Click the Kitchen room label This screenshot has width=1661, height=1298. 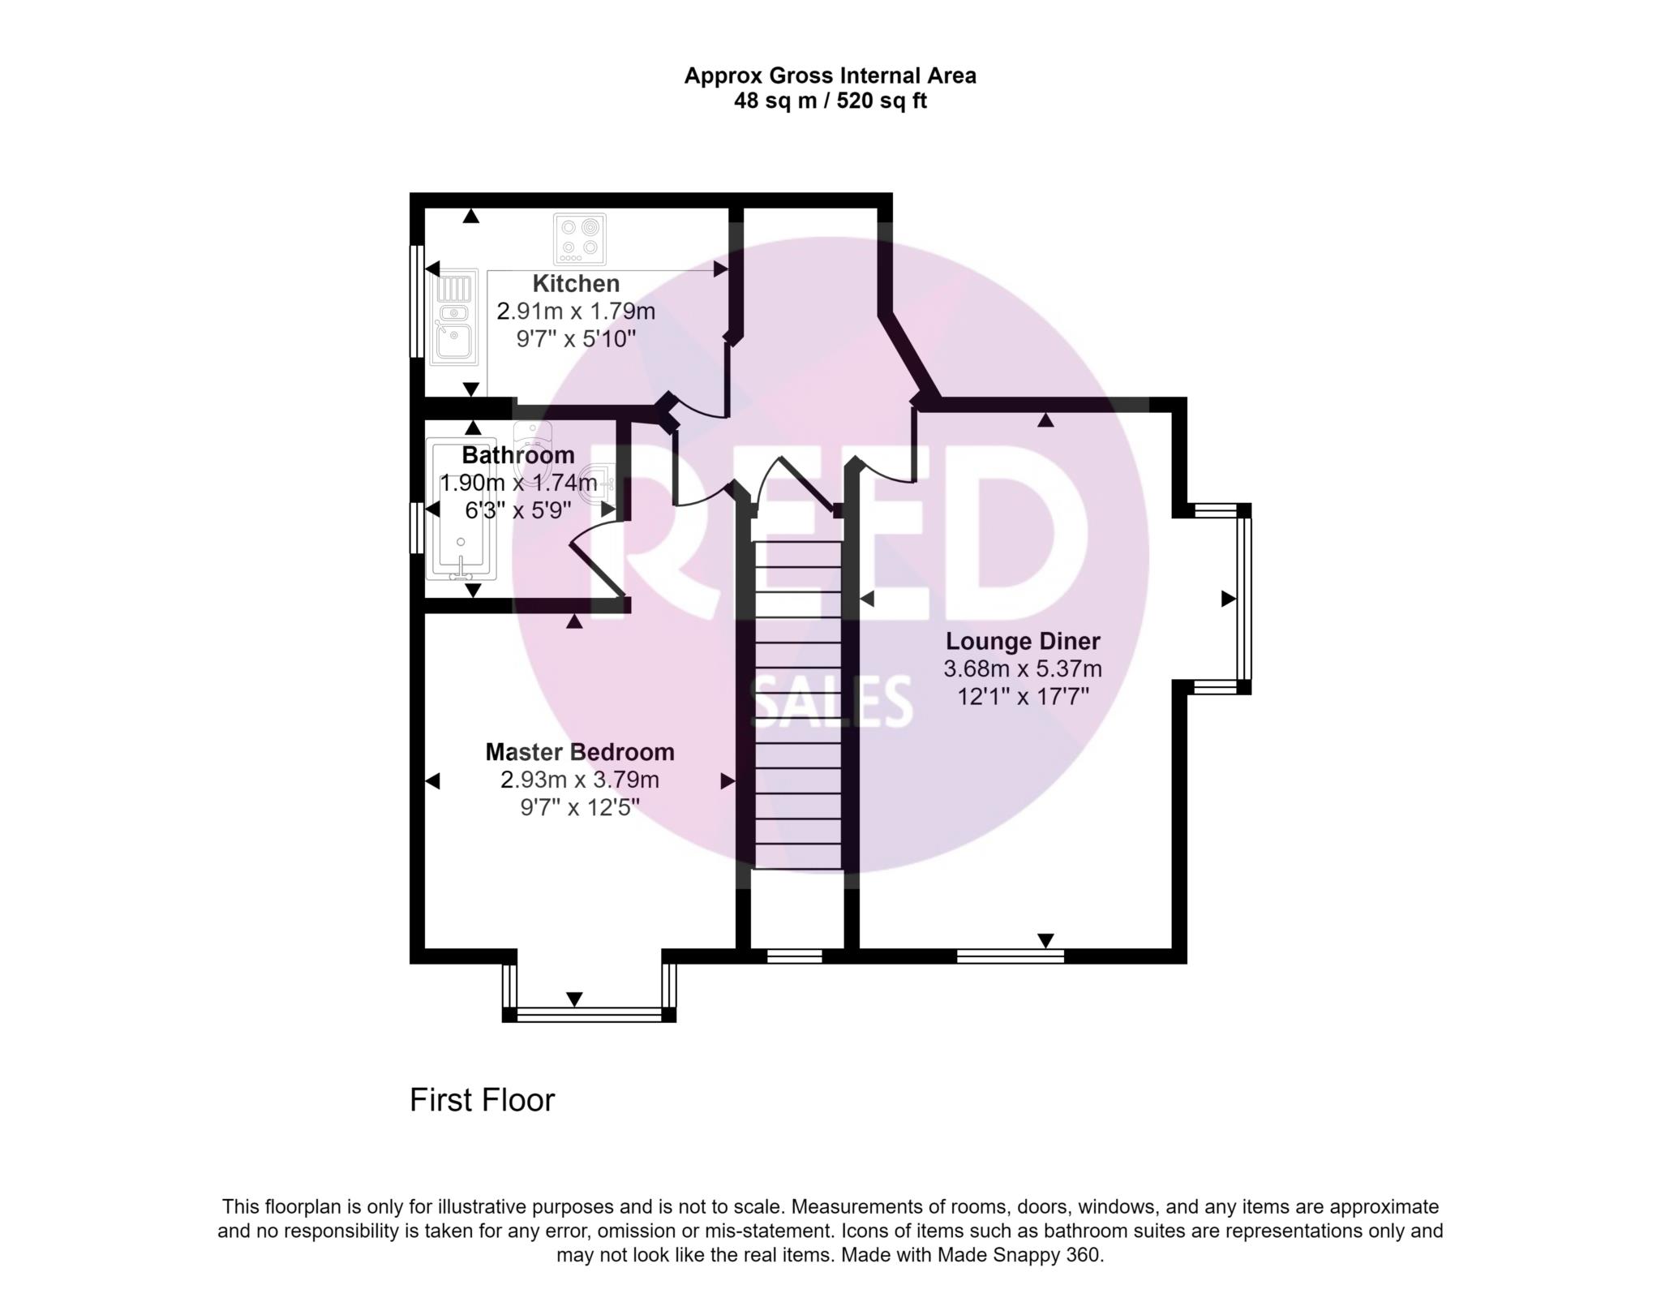click(x=576, y=284)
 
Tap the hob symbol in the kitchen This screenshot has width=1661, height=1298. click(x=579, y=239)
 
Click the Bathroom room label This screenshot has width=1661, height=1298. click(x=518, y=455)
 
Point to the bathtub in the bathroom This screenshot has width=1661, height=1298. click(x=461, y=511)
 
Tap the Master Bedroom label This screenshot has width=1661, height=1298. click(x=580, y=752)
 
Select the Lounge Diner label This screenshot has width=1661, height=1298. click(x=1023, y=641)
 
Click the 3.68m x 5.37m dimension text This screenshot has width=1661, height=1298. click(x=1023, y=669)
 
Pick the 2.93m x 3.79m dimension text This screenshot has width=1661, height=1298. click(x=580, y=780)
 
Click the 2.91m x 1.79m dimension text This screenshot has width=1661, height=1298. click(x=576, y=312)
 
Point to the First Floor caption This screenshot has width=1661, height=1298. click(x=482, y=1100)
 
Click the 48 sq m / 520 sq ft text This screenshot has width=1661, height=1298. click(x=830, y=101)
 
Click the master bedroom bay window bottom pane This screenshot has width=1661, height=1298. click(x=589, y=1014)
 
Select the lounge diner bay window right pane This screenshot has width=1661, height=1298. click(x=1243, y=599)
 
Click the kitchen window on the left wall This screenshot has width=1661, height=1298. click(x=416, y=300)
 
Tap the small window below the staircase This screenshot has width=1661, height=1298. click(x=795, y=956)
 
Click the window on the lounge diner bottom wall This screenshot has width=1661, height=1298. click(x=1010, y=956)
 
